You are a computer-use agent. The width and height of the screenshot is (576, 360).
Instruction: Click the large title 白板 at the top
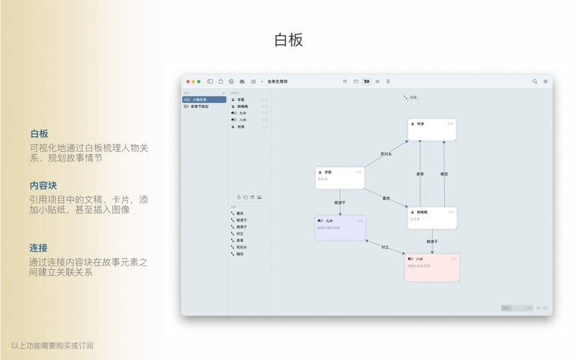point(288,40)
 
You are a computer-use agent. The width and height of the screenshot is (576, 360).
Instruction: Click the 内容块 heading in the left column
point(43,186)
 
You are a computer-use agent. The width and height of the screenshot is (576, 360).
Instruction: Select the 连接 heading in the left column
point(39,248)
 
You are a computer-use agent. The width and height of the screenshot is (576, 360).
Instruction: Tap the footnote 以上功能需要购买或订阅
point(52,346)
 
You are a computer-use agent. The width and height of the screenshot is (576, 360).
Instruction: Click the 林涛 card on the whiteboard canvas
point(431,130)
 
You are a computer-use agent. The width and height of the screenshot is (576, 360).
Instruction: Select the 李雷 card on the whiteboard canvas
point(340,178)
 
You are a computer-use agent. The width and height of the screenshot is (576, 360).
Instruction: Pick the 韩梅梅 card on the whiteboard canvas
point(431,217)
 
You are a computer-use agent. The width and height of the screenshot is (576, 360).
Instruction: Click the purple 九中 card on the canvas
point(340,228)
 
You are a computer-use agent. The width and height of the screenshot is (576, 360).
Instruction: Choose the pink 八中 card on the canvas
point(431,266)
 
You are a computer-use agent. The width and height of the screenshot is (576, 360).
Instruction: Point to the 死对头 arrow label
point(386,154)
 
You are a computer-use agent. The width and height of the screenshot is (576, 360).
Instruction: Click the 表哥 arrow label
point(420,174)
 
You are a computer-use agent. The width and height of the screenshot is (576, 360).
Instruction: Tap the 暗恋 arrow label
point(444,174)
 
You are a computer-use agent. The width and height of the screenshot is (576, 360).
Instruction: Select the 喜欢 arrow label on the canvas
point(386,199)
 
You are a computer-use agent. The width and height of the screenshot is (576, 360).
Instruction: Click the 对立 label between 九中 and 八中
point(384,248)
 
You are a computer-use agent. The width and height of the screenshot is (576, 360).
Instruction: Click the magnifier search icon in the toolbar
point(535,82)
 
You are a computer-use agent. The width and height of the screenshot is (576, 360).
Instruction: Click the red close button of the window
point(188,82)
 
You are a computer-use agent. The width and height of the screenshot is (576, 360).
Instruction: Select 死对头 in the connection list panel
point(240,247)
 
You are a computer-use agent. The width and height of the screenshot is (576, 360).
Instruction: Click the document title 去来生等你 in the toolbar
point(277,82)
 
